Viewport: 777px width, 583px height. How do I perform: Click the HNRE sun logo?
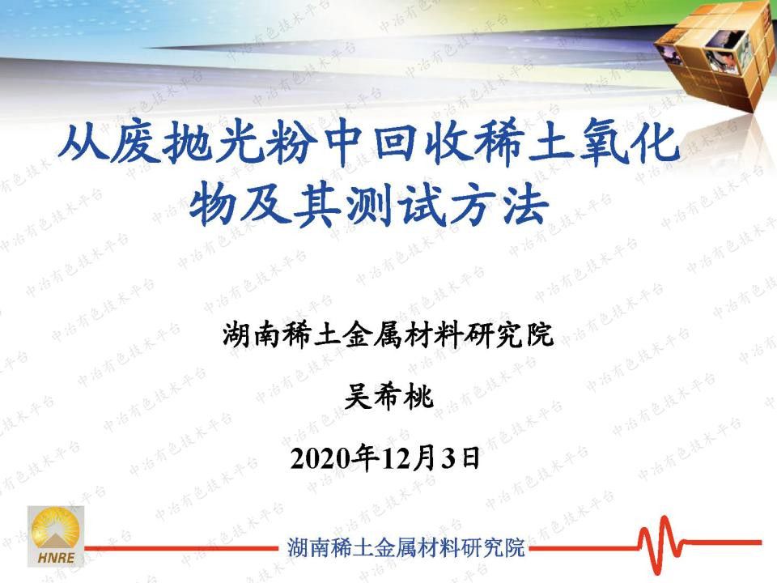click(x=56, y=536)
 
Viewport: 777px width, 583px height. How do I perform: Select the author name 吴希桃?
click(x=388, y=397)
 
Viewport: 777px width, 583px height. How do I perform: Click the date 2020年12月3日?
click(x=385, y=458)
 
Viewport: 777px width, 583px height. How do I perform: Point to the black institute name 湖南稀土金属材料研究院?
click(x=388, y=334)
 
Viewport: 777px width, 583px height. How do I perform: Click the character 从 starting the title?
click(x=83, y=143)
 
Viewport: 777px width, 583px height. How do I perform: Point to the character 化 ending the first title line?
click(x=655, y=143)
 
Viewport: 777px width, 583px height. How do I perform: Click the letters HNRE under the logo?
click(x=56, y=557)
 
